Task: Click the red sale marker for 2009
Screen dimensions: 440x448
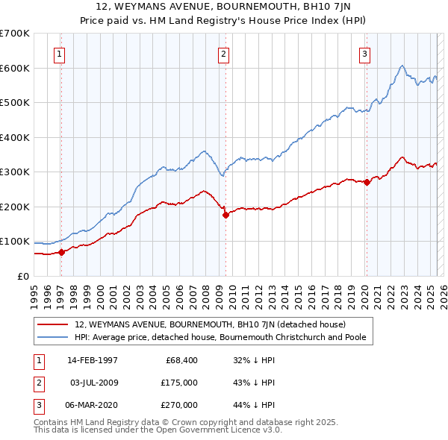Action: [225, 215]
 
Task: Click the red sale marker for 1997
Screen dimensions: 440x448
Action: [62, 252]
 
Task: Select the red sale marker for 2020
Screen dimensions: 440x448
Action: [367, 182]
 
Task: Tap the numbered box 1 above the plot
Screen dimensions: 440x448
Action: [59, 53]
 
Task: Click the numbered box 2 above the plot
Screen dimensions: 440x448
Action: [223, 53]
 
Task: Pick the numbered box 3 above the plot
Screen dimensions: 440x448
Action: [364, 53]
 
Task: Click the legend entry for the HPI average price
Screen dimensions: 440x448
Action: [224, 337]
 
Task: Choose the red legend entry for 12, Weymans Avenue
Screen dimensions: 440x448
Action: [210, 324]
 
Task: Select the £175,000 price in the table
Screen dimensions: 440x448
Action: [181, 383]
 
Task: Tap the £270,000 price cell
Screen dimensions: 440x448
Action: [181, 405]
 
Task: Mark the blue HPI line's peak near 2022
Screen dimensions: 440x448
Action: [402, 66]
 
